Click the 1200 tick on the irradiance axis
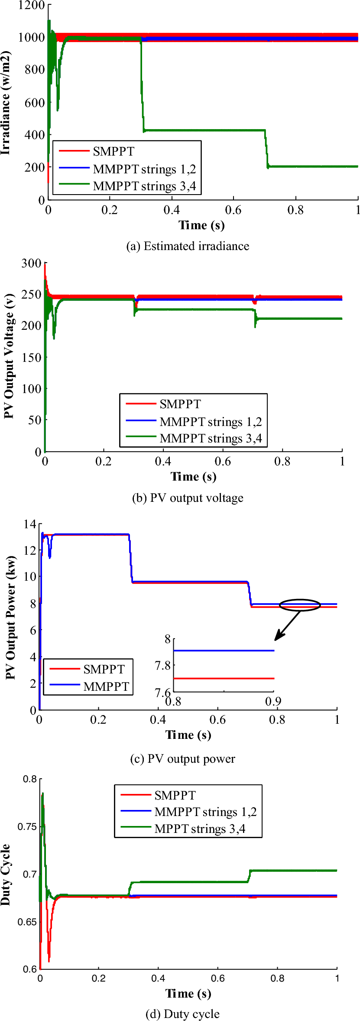tap(31, 6)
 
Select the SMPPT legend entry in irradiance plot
tap(114, 151)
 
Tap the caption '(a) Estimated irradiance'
tap(188, 246)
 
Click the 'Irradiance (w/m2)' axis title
tap(5, 103)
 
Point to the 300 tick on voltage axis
tap(31, 263)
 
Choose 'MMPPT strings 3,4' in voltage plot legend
tap(211, 439)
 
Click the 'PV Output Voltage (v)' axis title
tap(9, 356)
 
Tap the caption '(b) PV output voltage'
tap(188, 498)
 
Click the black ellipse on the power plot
tap(299, 605)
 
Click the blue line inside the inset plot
tap(224, 650)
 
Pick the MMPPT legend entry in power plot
tap(106, 686)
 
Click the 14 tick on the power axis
tap(30, 524)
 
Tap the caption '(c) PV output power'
tap(182, 759)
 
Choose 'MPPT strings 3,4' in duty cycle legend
tap(200, 829)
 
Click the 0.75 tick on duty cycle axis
tap(27, 826)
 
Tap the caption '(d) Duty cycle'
tap(182, 1014)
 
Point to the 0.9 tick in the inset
tap(273, 701)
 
